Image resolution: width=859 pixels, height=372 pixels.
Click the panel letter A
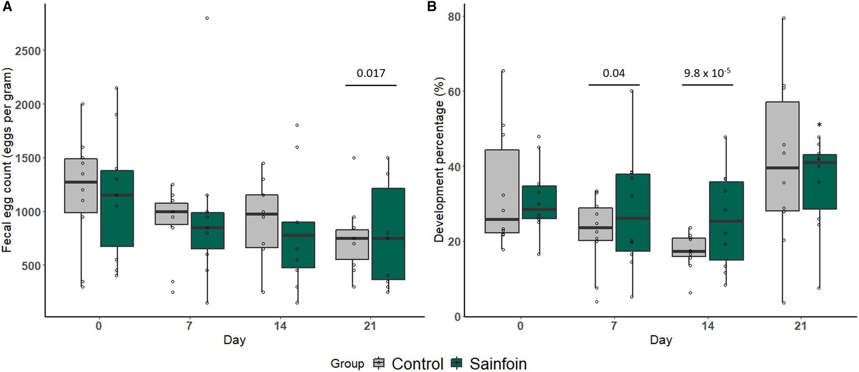tap(7, 7)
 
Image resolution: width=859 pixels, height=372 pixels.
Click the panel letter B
tap(432, 7)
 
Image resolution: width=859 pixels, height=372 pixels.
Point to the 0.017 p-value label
tap(371, 73)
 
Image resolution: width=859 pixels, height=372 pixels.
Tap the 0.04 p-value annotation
tap(614, 73)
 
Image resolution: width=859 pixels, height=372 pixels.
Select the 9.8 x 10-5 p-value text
tap(707, 73)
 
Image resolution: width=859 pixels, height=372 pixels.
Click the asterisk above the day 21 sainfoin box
tap(819, 125)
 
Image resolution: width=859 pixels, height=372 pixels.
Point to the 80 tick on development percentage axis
tap(454, 17)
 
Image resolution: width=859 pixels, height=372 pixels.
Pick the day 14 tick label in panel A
tap(280, 326)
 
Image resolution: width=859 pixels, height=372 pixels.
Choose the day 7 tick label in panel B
tap(613, 326)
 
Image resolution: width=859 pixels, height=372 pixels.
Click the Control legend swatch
tap(379, 363)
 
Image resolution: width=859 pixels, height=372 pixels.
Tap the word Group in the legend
tap(347, 364)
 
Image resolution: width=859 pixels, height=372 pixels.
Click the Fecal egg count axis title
tap(7, 160)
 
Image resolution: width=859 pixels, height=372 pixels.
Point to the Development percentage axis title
tap(439, 160)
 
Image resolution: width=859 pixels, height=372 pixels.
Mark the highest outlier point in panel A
tap(207, 18)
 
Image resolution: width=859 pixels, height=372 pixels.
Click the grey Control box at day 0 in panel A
tap(81, 186)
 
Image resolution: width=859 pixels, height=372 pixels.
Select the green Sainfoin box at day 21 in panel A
tap(388, 234)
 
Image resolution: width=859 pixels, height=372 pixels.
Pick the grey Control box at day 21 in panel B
tap(782, 156)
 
